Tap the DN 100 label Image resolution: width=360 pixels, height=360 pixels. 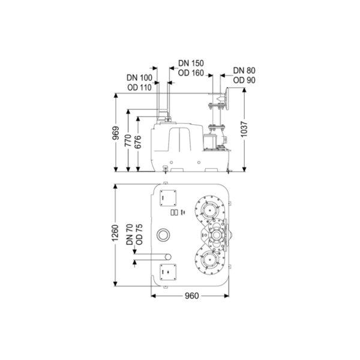pyautogui.click(x=139, y=77)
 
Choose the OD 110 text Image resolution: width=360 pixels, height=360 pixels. pyautogui.click(x=139, y=88)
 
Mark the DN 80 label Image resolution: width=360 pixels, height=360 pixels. pyautogui.click(x=241, y=70)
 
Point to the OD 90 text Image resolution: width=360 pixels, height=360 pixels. pyautogui.click(x=241, y=80)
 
